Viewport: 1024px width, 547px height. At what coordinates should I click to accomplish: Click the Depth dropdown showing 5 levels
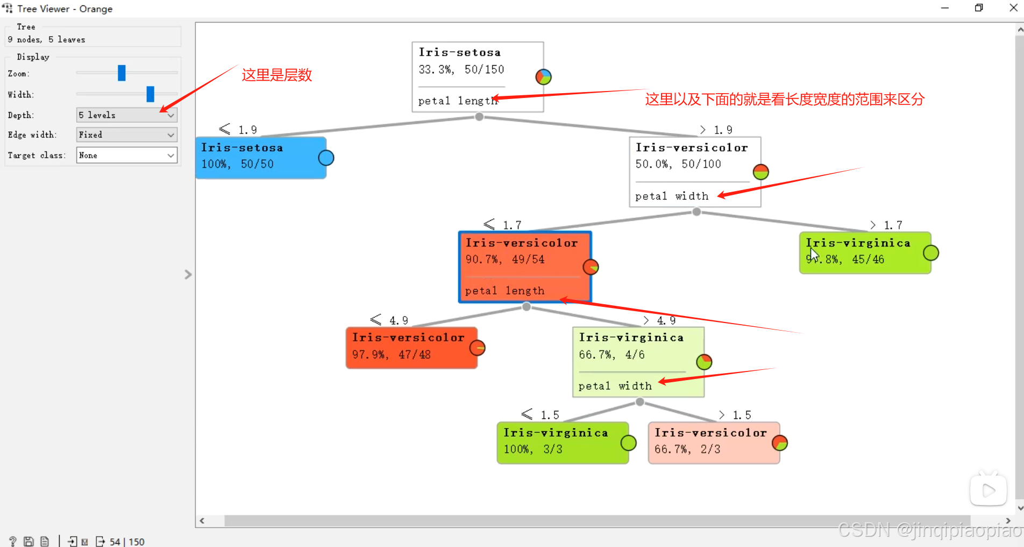click(x=126, y=115)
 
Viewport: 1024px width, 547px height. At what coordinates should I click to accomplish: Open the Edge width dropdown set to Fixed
click(x=126, y=135)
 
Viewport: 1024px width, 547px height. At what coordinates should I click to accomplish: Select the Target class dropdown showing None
click(x=126, y=155)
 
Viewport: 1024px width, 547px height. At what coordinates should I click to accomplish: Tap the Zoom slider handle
click(x=122, y=73)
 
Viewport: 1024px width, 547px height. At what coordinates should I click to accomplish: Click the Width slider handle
click(x=150, y=94)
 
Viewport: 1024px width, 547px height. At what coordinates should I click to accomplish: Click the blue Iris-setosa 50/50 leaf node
click(x=261, y=157)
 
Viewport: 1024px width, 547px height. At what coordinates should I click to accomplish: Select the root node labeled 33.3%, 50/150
click(x=478, y=76)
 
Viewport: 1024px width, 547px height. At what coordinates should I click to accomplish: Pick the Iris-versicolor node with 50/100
click(x=695, y=171)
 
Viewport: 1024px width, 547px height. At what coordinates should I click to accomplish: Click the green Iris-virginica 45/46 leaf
click(x=865, y=253)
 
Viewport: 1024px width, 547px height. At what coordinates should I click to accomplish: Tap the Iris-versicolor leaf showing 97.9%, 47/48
click(x=411, y=347)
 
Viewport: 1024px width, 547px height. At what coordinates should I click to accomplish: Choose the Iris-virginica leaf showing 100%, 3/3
click(x=563, y=443)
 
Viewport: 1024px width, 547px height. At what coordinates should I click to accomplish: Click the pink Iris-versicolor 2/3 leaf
click(x=714, y=443)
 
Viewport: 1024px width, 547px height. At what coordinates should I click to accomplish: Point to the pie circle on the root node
click(x=543, y=77)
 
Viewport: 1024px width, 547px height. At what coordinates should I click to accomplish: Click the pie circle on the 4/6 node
click(x=704, y=362)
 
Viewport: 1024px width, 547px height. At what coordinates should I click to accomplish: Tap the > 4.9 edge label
click(x=660, y=320)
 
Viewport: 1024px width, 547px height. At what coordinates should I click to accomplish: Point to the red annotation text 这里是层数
click(x=277, y=75)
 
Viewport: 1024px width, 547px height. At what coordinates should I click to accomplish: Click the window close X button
click(x=1013, y=8)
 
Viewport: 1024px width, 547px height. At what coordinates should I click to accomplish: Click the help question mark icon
click(x=12, y=541)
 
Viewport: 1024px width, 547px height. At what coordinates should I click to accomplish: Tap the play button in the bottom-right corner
click(x=988, y=490)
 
